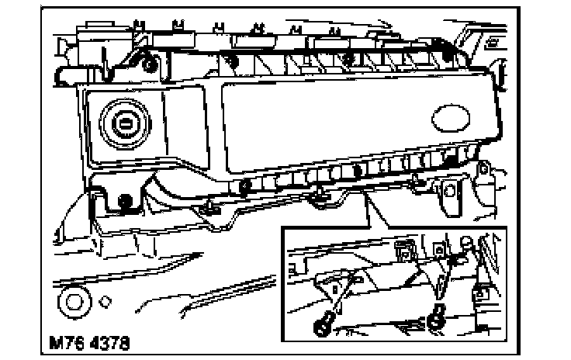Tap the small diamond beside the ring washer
(106, 300)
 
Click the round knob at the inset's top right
(466, 242)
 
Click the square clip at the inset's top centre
(403, 247)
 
